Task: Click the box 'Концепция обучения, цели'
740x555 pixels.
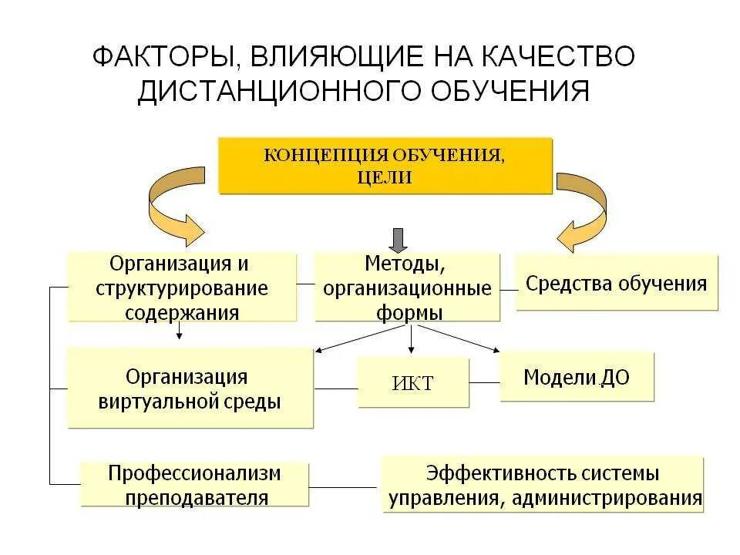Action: click(385, 165)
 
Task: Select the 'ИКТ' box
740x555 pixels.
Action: click(413, 382)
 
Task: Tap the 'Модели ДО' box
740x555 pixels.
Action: click(577, 377)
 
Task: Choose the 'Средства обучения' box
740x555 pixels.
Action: click(616, 283)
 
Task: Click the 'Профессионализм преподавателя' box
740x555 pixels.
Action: click(194, 484)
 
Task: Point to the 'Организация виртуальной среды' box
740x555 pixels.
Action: click(190, 388)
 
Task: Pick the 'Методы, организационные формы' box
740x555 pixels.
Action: click(407, 288)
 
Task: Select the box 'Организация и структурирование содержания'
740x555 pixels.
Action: click(182, 287)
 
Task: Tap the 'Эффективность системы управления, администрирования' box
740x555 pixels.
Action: click(543, 484)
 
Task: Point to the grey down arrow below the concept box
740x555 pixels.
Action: click(398, 240)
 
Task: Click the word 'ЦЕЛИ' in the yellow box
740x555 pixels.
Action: click(385, 177)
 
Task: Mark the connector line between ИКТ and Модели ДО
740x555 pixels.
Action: click(485, 382)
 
